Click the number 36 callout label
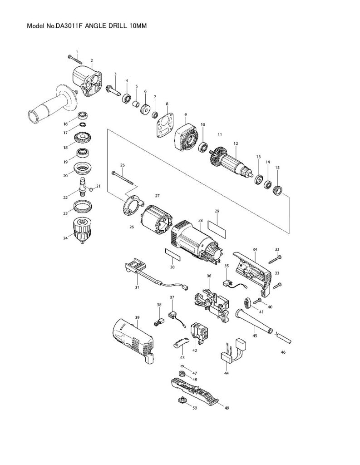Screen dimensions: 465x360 209,276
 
